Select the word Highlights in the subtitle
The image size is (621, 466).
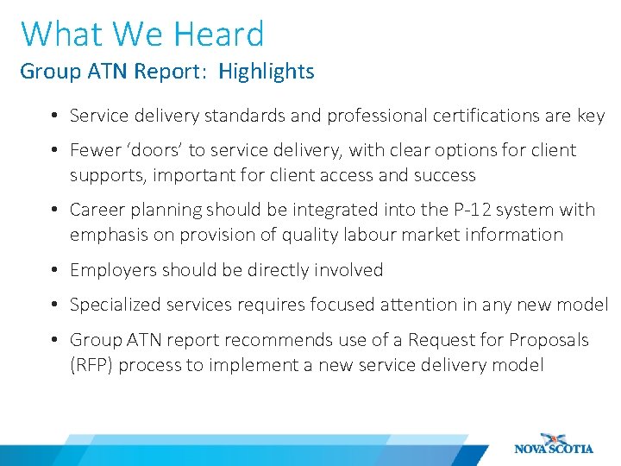pos(267,72)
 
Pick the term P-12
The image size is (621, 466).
pos(465,210)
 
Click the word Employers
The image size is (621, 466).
pos(111,270)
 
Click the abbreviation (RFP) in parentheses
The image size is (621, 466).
pos(91,365)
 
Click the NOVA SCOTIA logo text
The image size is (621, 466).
pos(554,449)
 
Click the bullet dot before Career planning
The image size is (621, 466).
pos(54,211)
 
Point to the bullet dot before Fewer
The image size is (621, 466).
pos(54,151)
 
